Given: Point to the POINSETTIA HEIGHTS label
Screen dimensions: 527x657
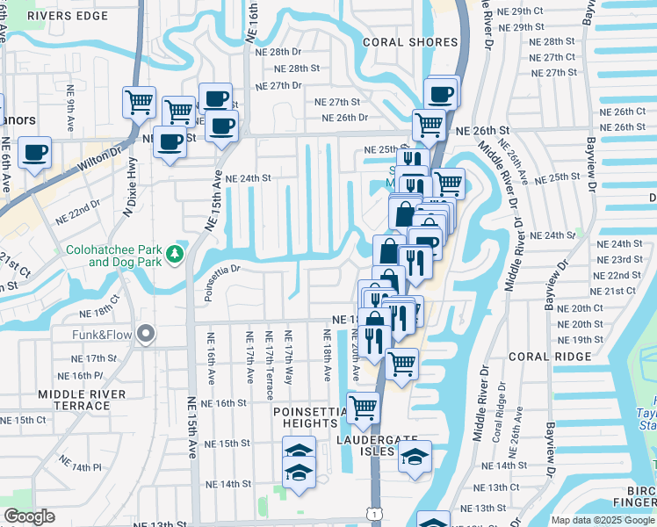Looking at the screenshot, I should [x=312, y=417].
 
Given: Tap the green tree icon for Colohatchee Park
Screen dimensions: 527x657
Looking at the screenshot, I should [x=175, y=255].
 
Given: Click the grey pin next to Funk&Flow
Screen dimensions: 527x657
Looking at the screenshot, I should [x=146, y=334].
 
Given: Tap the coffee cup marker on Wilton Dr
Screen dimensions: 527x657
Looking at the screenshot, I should [x=34, y=153].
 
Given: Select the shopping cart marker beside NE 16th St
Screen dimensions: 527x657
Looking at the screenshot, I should [x=362, y=406].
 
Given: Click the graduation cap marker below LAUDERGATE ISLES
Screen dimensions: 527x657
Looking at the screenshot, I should [x=415, y=456].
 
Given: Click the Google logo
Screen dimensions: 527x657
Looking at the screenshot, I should [x=29, y=517].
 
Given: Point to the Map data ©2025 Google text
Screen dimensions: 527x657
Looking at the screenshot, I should [x=602, y=520].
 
